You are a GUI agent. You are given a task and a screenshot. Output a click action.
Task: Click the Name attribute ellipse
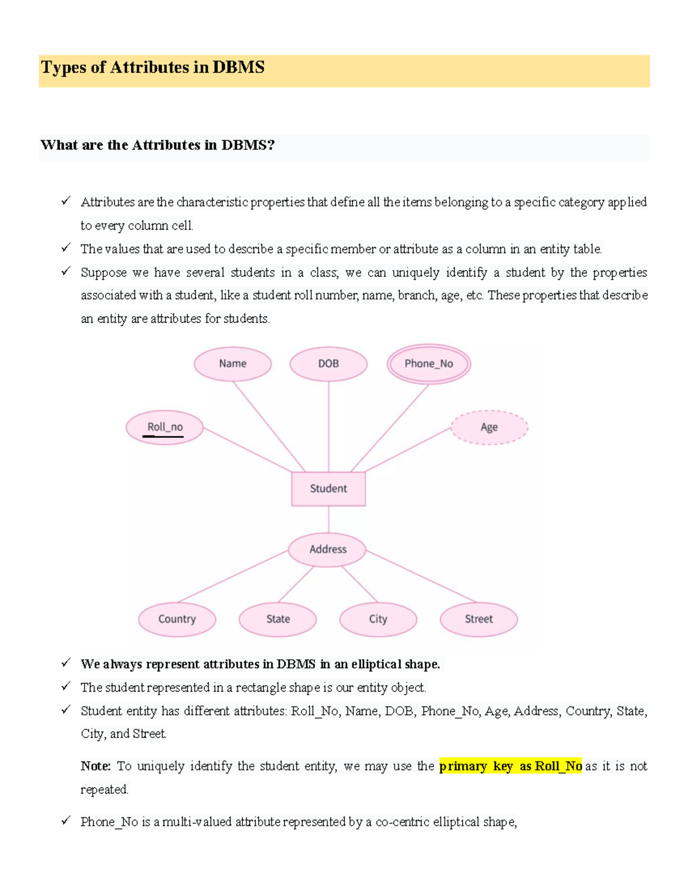tap(233, 364)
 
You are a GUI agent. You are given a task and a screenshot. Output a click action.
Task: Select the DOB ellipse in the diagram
tap(329, 364)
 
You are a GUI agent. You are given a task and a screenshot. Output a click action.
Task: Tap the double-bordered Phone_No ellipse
tap(429, 364)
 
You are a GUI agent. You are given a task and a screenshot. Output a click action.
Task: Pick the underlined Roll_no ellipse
tap(165, 428)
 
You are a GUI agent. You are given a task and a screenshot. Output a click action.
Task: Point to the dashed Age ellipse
tap(489, 428)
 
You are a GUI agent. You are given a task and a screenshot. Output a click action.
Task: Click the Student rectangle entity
tap(329, 489)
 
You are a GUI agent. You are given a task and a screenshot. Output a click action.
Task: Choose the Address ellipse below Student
tap(328, 550)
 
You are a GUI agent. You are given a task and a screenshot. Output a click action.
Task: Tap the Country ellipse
tap(177, 620)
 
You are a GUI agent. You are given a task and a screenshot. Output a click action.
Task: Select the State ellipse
tap(278, 620)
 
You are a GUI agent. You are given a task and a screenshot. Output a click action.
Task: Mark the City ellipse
tap(378, 620)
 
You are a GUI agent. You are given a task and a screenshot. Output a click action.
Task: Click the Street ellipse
tap(479, 620)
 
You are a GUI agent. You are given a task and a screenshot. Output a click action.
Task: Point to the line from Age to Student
tap(408, 450)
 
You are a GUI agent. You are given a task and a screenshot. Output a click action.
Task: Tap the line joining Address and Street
tap(421, 577)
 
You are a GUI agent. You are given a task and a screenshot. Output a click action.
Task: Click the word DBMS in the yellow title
tap(239, 68)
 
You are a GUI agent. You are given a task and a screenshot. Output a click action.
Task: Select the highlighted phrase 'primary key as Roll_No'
tap(510, 766)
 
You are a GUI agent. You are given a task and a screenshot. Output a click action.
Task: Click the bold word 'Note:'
tap(95, 766)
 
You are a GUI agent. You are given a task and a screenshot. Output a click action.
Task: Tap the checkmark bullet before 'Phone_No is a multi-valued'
tap(66, 821)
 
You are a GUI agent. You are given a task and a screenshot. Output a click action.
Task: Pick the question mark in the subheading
tap(271, 146)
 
